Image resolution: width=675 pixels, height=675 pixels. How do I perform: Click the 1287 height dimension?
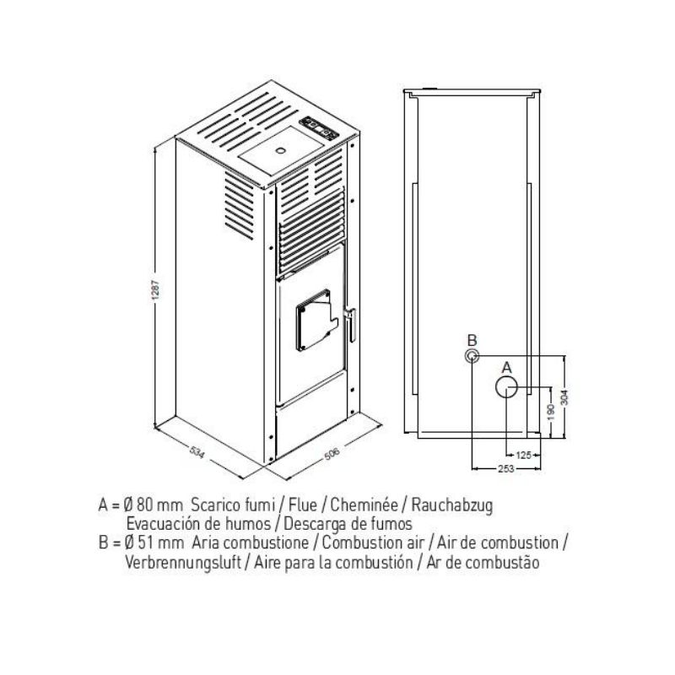pyautogui.click(x=156, y=289)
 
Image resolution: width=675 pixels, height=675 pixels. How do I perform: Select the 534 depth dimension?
pyautogui.click(x=197, y=452)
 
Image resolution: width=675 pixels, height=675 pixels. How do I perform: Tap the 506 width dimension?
pyautogui.click(x=332, y=454)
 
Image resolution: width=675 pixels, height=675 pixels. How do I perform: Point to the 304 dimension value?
pyautogui.click(x=564, y=397)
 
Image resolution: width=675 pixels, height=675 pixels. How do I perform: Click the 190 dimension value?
pyautogui.click(x=551, y=413)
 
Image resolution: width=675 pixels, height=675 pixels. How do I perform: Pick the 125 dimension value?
pyautogui.click(x=523, y=455)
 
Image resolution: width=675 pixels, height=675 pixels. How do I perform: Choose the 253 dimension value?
pyautogui.click(x=505, y=469)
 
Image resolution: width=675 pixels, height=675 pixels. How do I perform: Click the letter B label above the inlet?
pyautogui.click(x=472, y=340)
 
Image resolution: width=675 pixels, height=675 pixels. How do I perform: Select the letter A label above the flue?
pyautogui.click(x=507, y=367)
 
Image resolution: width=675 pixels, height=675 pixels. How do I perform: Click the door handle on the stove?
pyautogui.click(x=351, y=324)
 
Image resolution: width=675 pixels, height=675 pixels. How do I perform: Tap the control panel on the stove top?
pyautogui.click(x=320, y=127)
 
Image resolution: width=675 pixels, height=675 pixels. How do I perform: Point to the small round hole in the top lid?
pyautogui.click(x=281, y=151)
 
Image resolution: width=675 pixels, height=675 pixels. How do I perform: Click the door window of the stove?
pyautogui.click(x=316, y=320)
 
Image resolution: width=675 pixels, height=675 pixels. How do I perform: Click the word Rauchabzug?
pyautogui.click(x=452, y=505)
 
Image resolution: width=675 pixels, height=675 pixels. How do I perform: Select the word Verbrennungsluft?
pyautogui.click(x=183, y=562)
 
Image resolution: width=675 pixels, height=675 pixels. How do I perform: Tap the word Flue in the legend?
pyautogui.click(x=303, y=505)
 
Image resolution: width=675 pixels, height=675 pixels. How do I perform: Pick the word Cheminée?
pyautogui.click(x=364, y=505)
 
